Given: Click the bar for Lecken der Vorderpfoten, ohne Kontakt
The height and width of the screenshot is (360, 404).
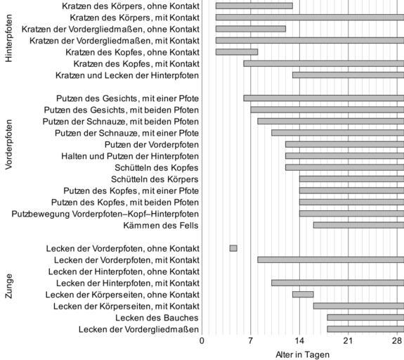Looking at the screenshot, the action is tap(233, 248).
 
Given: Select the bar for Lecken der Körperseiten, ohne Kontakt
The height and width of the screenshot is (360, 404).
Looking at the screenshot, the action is tap(303, 295).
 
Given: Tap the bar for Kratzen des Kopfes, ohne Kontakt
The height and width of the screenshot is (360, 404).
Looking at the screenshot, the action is tap(237, 52).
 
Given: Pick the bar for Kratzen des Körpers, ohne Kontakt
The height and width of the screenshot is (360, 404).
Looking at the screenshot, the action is tap(254, 6).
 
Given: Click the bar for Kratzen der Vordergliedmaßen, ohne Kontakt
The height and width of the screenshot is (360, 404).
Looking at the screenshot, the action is tap(250, 29).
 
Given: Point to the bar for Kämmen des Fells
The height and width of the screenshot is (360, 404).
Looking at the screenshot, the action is tap(358, 225).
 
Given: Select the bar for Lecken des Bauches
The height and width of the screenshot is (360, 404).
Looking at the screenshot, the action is tap(365, 317).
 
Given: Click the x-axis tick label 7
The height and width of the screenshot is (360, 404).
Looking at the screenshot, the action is tap(250, 341).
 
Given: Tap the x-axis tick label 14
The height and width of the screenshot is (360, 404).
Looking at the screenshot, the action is tap(299, 341).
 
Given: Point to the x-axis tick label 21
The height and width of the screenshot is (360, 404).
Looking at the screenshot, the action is tap(348, 341).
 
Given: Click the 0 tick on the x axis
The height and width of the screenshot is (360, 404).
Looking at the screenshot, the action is tap(202, 341).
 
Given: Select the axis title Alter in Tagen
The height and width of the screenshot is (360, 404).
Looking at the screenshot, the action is tap(303, 354).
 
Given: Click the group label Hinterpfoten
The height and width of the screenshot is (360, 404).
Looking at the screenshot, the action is tap(8, 38).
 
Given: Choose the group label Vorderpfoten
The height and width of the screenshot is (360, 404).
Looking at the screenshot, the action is tap(8, 144).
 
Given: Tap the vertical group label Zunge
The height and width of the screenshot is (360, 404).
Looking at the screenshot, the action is tap(8, 286).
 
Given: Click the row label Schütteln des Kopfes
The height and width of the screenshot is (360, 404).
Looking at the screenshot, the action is tap(157, 167).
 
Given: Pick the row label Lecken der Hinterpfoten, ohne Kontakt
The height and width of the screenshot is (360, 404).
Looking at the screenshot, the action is tap(124, 271).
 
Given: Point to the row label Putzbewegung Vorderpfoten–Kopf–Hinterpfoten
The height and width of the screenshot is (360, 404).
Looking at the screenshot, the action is tap(105, 214).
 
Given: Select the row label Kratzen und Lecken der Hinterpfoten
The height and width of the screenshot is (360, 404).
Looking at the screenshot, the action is tap(127, 75).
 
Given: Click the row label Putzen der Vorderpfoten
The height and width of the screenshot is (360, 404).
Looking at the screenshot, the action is tap(152, 145).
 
